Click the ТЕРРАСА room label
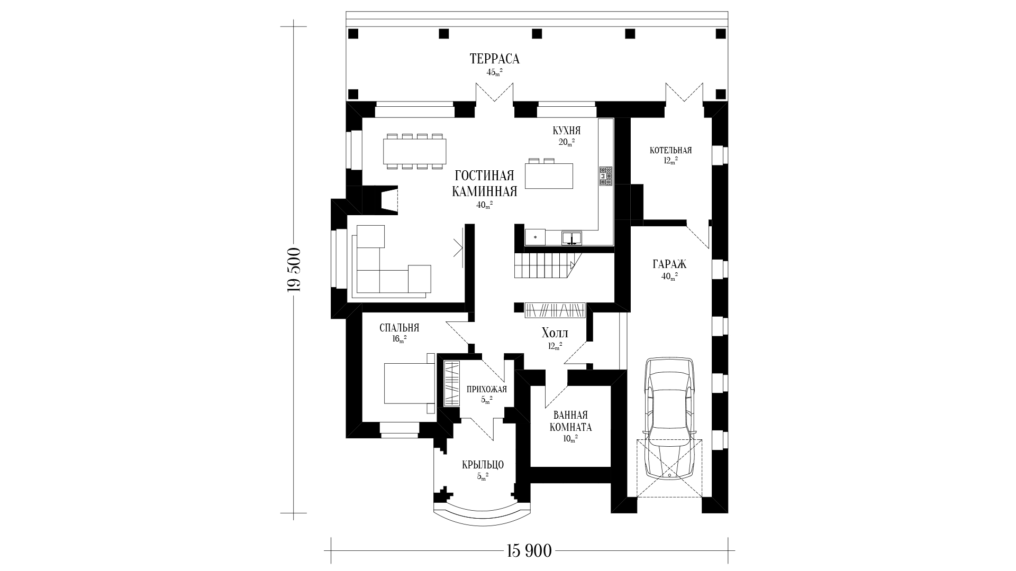coord(494,59)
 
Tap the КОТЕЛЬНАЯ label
coord(670,150)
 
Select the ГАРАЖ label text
coord(670,263)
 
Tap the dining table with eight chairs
coord(415,151)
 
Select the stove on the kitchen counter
coord(606,176)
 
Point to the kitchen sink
coord(571,238)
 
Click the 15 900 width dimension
coord(529,551)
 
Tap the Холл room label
coord(555,333)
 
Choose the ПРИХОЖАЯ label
coord(487,390)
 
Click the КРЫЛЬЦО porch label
coord(483,465)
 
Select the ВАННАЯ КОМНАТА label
coord(571,421)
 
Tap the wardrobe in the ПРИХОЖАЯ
coord(451,383)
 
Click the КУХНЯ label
coord(567,131)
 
